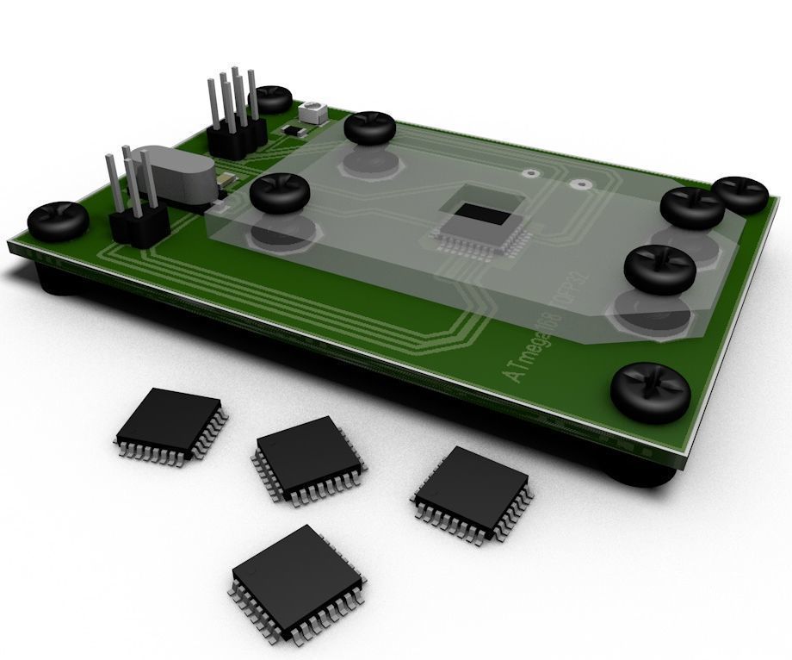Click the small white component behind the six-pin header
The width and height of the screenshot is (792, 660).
tap(312, 110)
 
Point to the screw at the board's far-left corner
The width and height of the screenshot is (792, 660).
tap(59, 221)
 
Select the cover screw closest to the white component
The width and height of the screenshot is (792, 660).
tap(369, 128)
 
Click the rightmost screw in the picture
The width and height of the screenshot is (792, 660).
tap(741, 194)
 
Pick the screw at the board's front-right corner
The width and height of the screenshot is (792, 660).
tap(651, 391)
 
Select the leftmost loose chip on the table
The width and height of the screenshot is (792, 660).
tap(171, 426)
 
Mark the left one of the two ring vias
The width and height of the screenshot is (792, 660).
tap(535, 172)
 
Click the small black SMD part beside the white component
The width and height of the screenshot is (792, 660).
tap(294, 130)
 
